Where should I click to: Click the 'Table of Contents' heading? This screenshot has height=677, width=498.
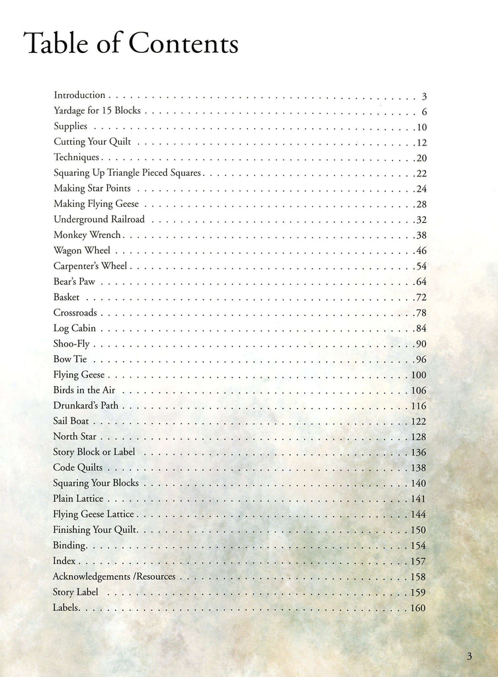(x=130, y=44)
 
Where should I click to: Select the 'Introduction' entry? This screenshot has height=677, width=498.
(x=79, y=95)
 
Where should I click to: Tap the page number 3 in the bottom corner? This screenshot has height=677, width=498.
(x=469, y=656)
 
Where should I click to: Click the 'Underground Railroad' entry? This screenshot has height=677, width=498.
(x=99, y=219)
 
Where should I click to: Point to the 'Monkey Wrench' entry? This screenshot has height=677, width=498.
(x=87, y=235)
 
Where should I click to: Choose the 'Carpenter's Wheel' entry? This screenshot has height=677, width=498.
(x=91, y=266)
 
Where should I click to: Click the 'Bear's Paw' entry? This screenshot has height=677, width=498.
(x=74, y=282)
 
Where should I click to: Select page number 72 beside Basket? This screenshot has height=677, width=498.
(x=421, y=298)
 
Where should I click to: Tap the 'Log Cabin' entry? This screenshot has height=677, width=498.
(x=75, y=328)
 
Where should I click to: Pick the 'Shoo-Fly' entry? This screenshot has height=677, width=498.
(x=71, y=344)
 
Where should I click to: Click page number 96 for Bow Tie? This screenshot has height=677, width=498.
(x=421, y=360)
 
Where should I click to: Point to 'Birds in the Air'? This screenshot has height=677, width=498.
(x=84, y=390)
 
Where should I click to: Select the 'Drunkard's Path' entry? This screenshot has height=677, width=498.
(x=86, y=406)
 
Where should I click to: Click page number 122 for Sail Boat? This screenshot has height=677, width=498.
(x=418, y=422)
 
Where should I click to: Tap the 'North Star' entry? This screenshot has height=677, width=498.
(x=75, y=437)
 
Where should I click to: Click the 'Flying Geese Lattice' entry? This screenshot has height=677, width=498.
(x=93, y=514)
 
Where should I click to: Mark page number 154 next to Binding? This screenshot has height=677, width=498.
(x=418, y=546)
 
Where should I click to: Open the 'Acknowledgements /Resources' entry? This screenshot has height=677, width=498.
(x=114, y=577)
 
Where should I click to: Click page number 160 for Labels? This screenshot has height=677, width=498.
(x=418, y=608)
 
